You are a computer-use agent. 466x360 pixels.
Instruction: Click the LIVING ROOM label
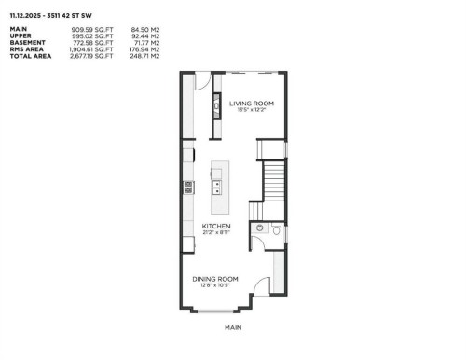[252, 103]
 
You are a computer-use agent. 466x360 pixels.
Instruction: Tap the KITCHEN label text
[216, 226]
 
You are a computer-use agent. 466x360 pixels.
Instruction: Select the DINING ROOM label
[215, 279]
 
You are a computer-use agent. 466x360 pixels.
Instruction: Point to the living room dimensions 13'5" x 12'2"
[252, 110]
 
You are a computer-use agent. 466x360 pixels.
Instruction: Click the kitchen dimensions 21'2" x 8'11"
[216, 233]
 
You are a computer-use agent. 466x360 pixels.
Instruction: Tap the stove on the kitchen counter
[188, 186]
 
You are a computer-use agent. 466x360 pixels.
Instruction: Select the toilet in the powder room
[275, 228]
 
